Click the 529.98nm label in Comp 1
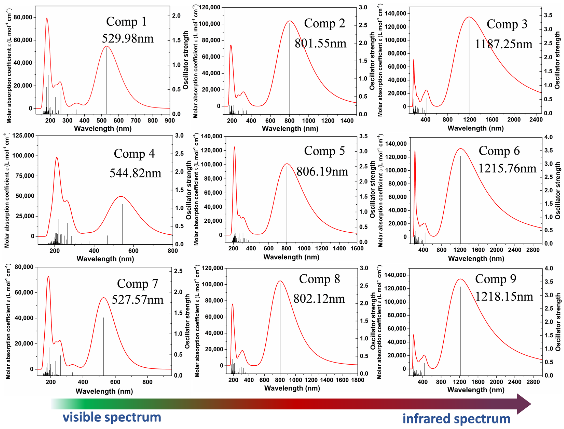(128, 39)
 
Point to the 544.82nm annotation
(135, 173)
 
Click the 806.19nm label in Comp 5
(322, 172)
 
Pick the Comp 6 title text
(499, 151)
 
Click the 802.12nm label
(319, 299)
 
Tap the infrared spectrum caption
(456, 419)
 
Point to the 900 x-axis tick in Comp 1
(169, 120)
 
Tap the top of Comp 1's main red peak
(107, 46)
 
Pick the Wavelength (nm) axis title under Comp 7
(104, 391)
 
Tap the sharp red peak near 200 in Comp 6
(415, 151)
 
